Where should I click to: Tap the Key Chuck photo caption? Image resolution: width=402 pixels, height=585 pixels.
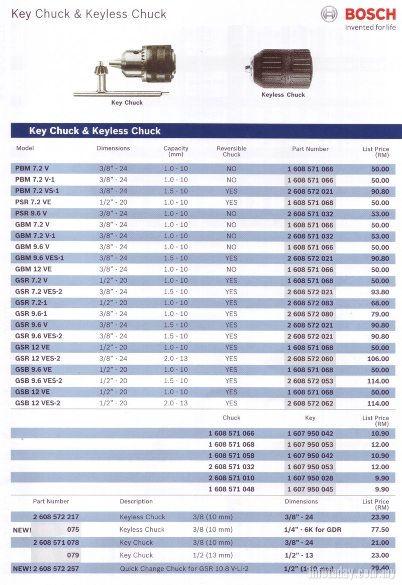tap(127, 103)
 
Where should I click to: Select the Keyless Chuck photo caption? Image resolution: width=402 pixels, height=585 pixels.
tap(283, 95)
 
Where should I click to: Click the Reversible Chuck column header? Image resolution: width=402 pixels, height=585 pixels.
tap(231, 151)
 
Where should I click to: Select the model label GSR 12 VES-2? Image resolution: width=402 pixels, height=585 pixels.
tap(38, 359)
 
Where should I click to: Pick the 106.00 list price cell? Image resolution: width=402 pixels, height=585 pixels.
tap(377, 359)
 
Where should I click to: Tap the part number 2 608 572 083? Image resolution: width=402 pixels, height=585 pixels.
tap(310, 303)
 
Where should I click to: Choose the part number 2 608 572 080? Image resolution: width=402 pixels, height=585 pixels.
tap(310, 314)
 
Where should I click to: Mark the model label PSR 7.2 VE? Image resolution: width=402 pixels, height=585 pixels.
tap(33, 202)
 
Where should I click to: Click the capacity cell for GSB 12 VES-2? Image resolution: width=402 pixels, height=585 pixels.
tap(176, 403)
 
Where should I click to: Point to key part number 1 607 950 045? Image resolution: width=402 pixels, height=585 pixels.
tap(310, 489)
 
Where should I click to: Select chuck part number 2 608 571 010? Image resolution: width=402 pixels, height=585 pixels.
tap(231, 478)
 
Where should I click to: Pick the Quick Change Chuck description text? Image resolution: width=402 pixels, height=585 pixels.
tap(184, 569)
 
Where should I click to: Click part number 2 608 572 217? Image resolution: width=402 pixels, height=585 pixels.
tap(56, 517)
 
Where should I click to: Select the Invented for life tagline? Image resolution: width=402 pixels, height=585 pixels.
tap(370, 28)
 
